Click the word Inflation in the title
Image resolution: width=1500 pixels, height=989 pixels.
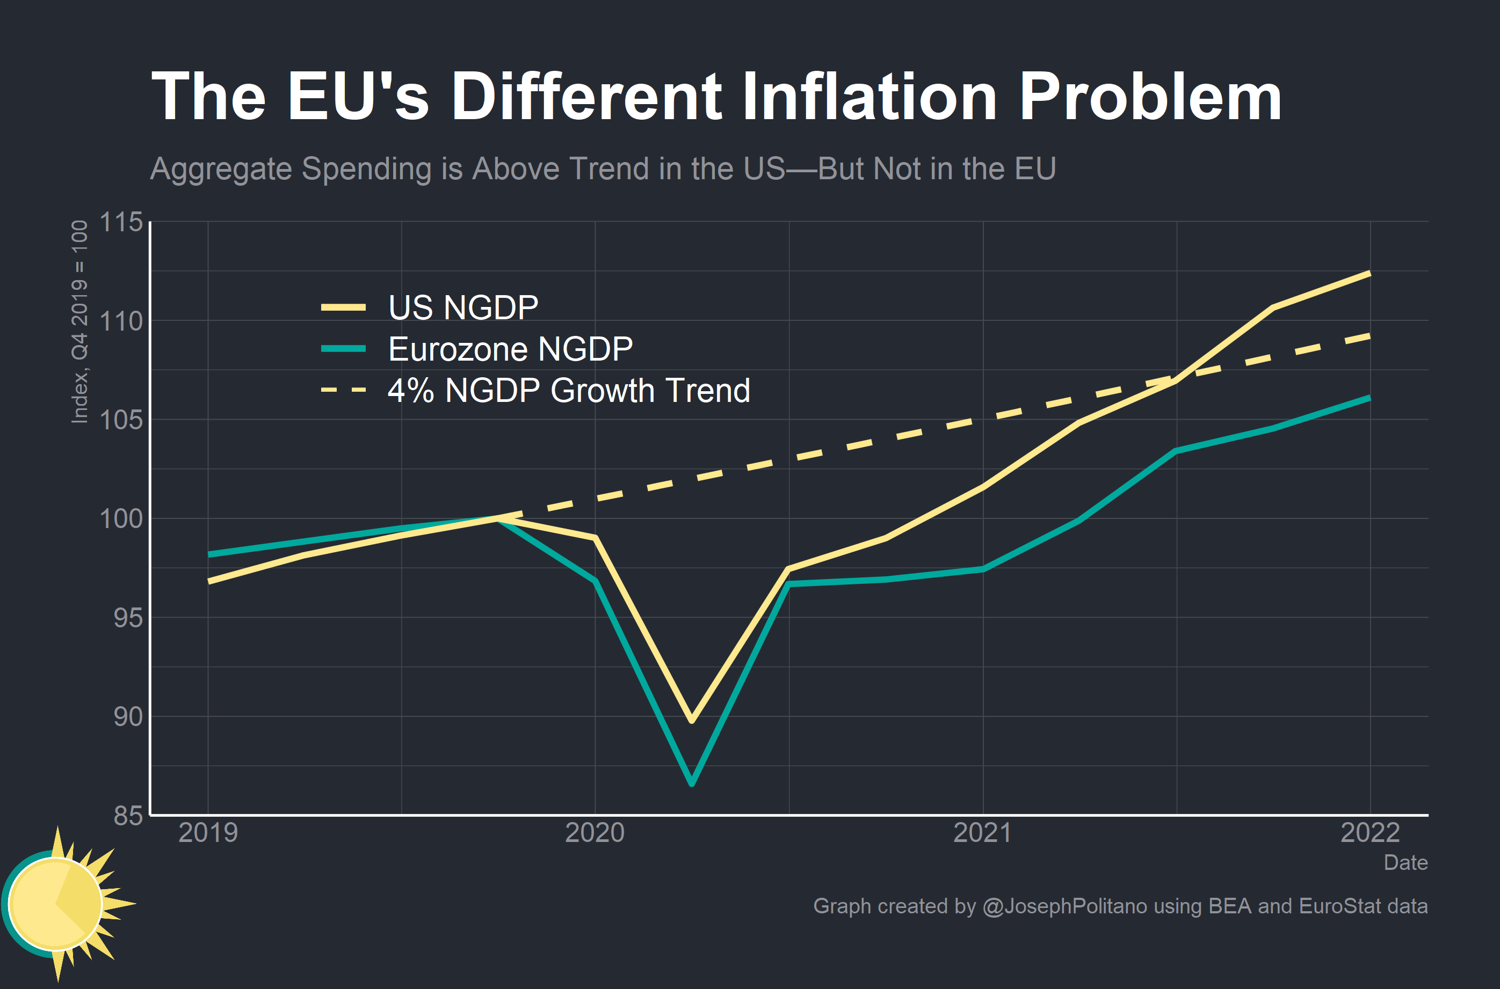(869, 96)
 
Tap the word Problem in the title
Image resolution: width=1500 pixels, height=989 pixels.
(1150, 96)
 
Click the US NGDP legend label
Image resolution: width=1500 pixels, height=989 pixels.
(462, 308)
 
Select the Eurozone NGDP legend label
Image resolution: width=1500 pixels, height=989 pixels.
(510, 349)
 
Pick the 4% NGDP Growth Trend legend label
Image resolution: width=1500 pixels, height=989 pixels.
(568, 391)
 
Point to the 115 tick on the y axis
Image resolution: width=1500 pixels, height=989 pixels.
(121, 222)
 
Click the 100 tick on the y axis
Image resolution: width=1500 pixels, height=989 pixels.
(121, 518)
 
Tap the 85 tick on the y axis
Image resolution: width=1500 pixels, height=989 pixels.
(128, 816)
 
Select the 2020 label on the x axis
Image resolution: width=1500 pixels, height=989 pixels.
(595, 833)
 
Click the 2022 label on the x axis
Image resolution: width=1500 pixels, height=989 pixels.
(1369, 833)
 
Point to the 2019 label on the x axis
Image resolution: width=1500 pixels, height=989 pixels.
(208, 833)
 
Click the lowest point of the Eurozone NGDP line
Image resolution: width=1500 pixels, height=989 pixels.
(692, 783)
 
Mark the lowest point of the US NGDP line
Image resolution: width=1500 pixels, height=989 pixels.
(692, 720)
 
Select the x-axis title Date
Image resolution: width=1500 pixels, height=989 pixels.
(1405, 862)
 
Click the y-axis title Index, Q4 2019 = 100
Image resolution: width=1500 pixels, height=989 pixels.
(79, 321)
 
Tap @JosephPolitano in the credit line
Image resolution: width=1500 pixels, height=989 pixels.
(1064, 906)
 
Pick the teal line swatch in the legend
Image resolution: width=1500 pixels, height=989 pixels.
(343, 349)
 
